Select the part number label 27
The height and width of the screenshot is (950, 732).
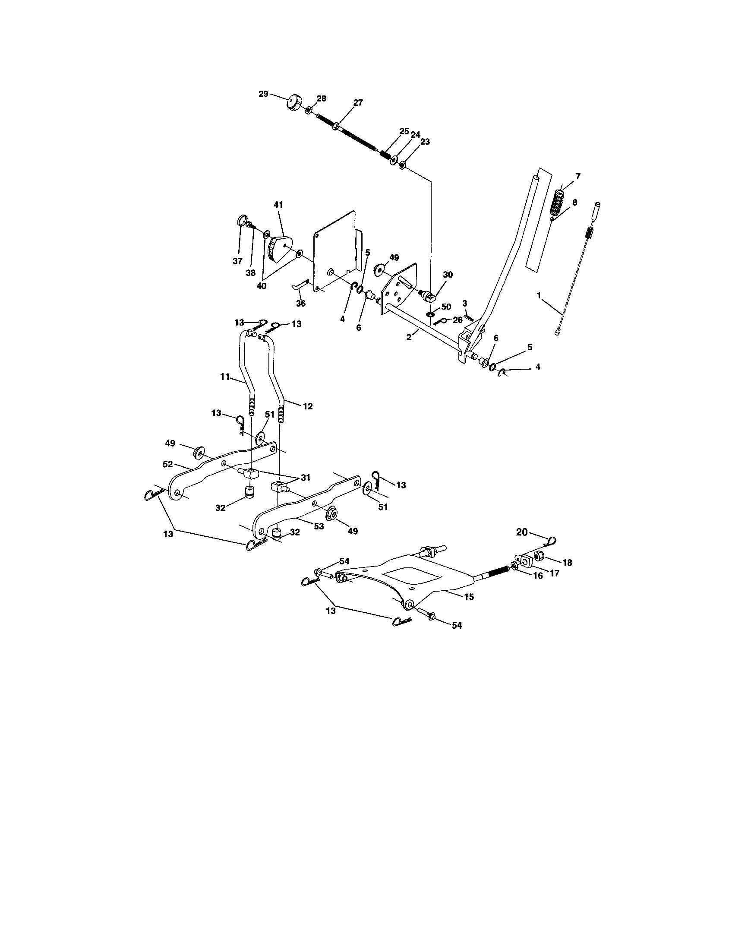pos(358,103)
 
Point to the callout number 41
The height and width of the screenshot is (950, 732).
pos(278,204)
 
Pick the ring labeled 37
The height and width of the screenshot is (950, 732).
pos(243,221)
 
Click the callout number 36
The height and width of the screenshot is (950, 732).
pos(301,303)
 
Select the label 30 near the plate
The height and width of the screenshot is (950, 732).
pos(448,275)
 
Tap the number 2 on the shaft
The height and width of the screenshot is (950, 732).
pos(409,337)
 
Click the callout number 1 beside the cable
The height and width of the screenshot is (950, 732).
pos(539,295)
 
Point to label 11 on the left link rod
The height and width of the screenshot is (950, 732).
pos(225,377)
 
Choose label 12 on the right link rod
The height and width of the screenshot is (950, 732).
pos(307,406)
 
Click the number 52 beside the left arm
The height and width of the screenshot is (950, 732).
pos(168,464)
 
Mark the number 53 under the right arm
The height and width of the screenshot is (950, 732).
pos(319,526)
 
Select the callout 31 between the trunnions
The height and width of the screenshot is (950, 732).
pos(305,478)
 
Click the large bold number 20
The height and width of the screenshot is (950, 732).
pos(522,532)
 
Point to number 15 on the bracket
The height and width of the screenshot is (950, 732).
pos(469,597)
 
